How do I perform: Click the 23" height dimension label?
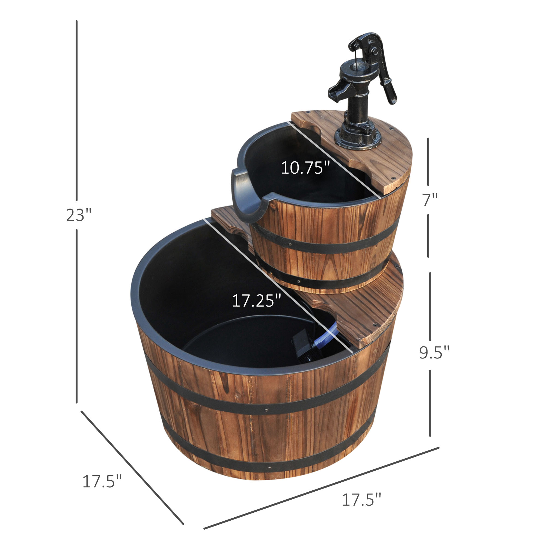(79, 215)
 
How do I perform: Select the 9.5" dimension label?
(434, 352)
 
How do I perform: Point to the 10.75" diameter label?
(305, 167)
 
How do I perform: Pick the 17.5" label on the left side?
(102, 481)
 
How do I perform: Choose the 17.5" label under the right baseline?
(361, 500)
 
